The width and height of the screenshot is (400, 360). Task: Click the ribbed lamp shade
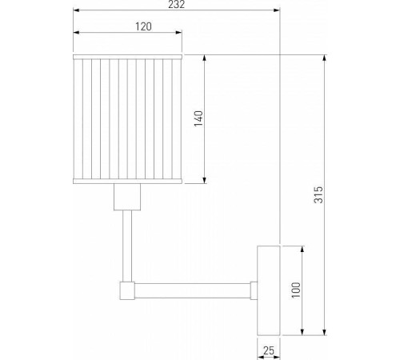click(127, 118)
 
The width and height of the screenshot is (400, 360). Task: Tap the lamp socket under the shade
click(127, 197)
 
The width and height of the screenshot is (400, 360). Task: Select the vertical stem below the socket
click(127, 244)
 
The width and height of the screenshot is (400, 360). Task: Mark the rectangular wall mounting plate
click(266, 290)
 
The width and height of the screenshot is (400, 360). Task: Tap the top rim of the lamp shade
click(127, 57)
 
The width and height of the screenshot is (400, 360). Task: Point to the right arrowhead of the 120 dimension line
click(180, 34)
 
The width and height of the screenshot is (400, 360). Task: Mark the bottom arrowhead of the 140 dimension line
click(206, 181)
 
